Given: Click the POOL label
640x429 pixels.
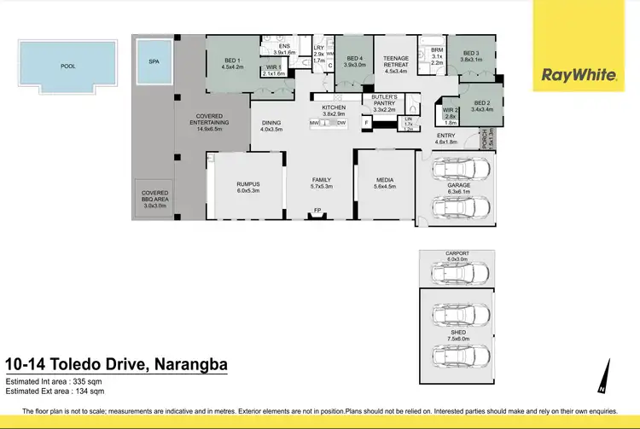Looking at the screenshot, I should coord(67,66).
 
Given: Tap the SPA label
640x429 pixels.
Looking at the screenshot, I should coord(154,61).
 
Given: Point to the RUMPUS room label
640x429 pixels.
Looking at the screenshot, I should coord(247,184).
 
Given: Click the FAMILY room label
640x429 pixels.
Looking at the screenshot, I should coord(321,180).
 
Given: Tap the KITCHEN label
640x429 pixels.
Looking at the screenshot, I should coord(334,107).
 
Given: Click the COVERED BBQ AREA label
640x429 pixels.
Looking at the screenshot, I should coord(155,200).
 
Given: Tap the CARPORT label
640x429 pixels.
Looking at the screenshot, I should coord(457,253).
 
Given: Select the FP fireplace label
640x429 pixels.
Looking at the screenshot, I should coord(317,210).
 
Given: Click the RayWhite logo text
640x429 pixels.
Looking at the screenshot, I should coord(579,75).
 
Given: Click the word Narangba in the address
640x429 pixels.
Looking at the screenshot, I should coord(189,366).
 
